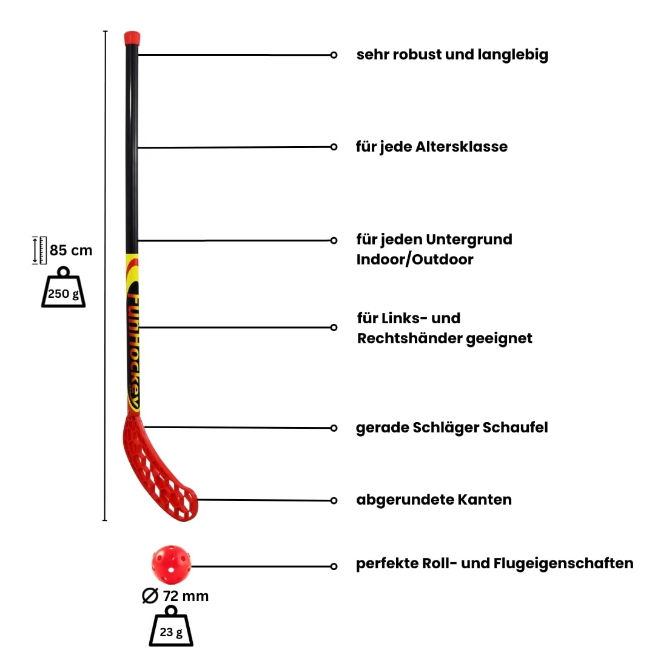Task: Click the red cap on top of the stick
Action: pos(132,38)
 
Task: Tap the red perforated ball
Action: pos(171,565)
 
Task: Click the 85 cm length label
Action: pos(70,250)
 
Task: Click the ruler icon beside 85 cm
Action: pos(39,250)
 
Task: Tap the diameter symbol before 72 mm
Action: pos(150,596)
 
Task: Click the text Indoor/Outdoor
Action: pos(415,260)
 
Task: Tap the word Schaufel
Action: pos(515,428)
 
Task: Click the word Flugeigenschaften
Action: pos(563,563)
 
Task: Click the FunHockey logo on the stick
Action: pos(133,351)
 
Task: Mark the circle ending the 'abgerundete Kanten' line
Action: pos(334,500)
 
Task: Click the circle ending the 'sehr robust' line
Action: pos(334,55)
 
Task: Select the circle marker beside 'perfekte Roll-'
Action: pos(334,566)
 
